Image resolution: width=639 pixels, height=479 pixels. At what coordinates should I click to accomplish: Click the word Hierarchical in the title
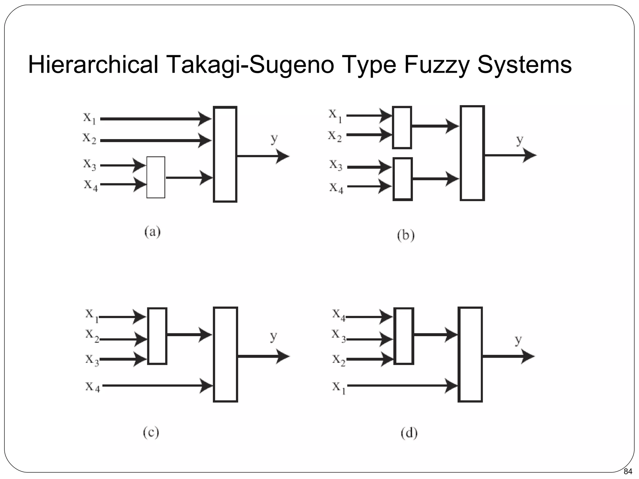pyautogui.click(x=93, y=65)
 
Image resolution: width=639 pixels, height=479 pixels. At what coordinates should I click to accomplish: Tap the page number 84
pyautogui.click(x=627, y=471)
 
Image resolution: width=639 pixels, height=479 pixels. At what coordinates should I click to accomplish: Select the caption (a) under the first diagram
pyautogui.click(x=153, y=232)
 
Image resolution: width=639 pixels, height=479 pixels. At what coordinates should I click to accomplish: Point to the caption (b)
pyautogui.click(x=406, y=235)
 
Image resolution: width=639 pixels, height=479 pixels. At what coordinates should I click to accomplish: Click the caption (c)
pyautogui.click(x=151, y=433)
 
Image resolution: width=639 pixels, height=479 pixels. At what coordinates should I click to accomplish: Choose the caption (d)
pyautogui.click(x=409, y=433)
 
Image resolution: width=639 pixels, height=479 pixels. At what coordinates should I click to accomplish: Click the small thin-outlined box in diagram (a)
pyautogui.click(x=156, y=177)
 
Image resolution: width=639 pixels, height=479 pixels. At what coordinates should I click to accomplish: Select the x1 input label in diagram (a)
pyautogui.click(x=89, y=118)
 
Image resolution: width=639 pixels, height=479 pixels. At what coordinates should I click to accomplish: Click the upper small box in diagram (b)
pyautogui.click(x=402, y=128)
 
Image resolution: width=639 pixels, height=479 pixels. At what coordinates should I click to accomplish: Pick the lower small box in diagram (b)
pyautogui.click(x=402, y=179)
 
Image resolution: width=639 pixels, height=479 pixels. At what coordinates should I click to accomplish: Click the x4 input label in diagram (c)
pyautogui.click(x=93, y=387)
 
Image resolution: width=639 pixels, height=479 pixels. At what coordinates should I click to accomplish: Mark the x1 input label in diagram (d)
pyautogui.click(x=339, y=388)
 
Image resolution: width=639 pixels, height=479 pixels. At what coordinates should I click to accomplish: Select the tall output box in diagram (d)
pyautogui.click(x=470, y=355)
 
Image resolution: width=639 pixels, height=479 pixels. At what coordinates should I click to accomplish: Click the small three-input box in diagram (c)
pyautogui.click(x=157, y=336)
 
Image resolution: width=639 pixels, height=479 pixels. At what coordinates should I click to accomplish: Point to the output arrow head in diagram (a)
pyautogui.click(x=282, y=156)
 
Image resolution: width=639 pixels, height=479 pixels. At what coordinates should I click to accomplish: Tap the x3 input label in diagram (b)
pyautogui.click(x=336, y=165)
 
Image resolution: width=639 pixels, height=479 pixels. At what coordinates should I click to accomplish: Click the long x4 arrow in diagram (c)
pyautogui.click(x=156, y=386)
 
